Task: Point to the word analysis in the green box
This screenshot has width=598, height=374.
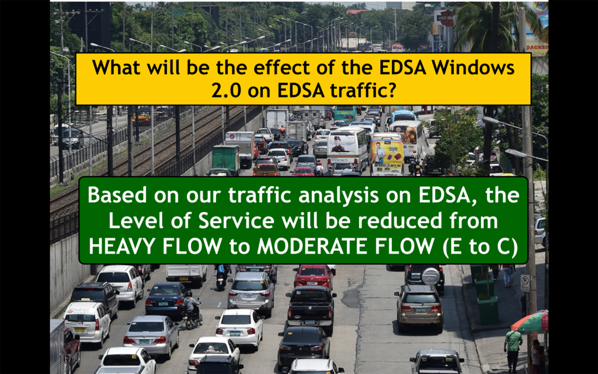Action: pyautogui.click(x=339, y=195)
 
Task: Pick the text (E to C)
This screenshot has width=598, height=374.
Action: pyautogui.click(x=480, y=247)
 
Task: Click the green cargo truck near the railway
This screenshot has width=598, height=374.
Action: pyautogui.click(x=226, y=159)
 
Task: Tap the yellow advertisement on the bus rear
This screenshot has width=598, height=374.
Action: pyautogui.click(x=387, y=157)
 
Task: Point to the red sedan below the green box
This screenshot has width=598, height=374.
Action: pyautogui.click(x=313, y=276)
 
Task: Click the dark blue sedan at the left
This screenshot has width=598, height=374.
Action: pyautogui.click(x=167, y=299)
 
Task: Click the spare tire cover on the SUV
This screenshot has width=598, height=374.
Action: pyautogui.click(x=432, y=276)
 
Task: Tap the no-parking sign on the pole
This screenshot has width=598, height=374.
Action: pyautogui.click(x=526, y=283)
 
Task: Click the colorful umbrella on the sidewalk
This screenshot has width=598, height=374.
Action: pyautogui.click(x=530, y=322)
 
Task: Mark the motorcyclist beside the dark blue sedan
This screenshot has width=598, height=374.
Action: pyautogui.click(x=192, y=309)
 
